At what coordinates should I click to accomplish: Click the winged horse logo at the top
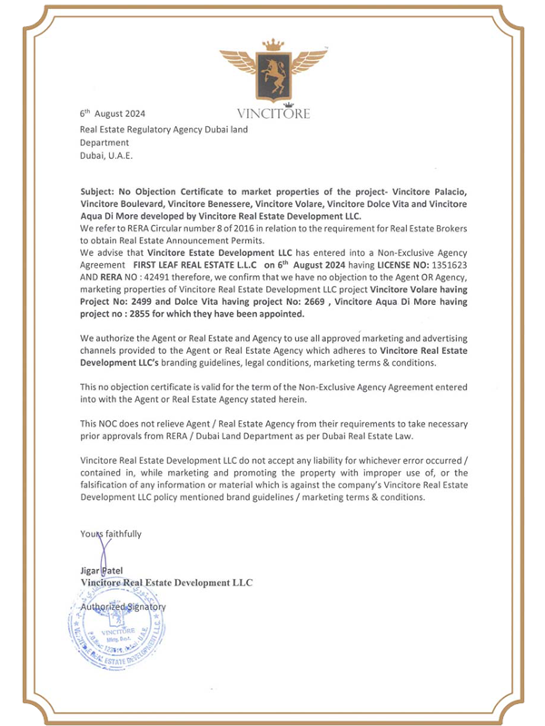coord(272,76)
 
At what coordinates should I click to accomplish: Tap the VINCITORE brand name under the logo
coord(272,115)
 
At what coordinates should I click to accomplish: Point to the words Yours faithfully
coord(111,535)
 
